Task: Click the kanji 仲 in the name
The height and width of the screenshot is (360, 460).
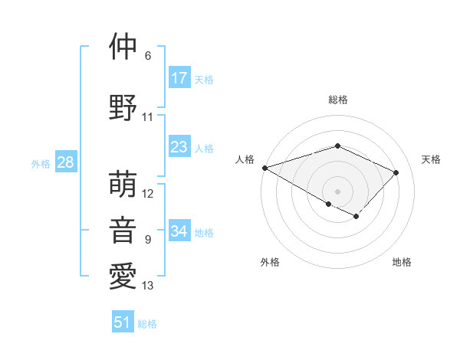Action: [x=123, y=46]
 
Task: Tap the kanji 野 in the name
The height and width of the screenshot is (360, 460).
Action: [x=123, y=108]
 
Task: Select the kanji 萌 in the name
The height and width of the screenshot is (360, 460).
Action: [x=123, y=185]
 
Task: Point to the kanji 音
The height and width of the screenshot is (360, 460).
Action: [x=123, y=231]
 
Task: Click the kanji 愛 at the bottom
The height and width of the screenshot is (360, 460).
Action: [x=123, y=277]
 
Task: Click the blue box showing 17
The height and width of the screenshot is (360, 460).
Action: [x=179, y=78]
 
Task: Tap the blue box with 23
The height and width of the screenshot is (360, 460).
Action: [x=179, y=148]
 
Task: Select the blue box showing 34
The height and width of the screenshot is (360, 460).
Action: [x=179, y=231]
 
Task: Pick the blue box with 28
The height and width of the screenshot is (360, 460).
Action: [x=65, y=162]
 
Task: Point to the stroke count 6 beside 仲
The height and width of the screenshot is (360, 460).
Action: [x=147, y=56]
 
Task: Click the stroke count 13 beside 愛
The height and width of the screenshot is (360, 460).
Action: [x=148, y=286]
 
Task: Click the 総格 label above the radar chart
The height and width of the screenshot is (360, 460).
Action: [x=337, y=100]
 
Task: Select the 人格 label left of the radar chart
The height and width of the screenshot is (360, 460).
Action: [x=245, y=159]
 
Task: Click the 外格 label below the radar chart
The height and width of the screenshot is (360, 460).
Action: [x=270, y=262]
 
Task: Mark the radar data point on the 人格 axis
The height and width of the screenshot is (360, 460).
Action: [x=264, y=167]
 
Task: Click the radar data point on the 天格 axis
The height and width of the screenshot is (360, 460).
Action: [x=396, y=172]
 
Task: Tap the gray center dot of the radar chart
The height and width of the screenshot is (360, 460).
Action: [x=337, y=191]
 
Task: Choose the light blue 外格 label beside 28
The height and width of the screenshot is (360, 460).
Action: [x=41, y=163]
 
